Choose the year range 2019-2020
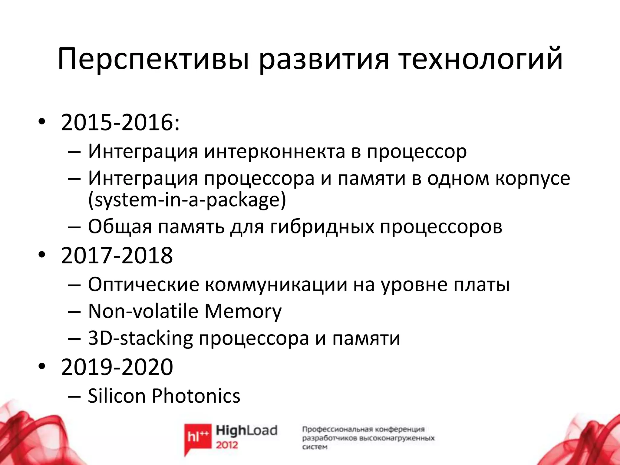point(117,367)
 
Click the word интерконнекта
point(274,151)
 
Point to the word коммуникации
point(276,285)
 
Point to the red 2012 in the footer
point(227,445)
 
